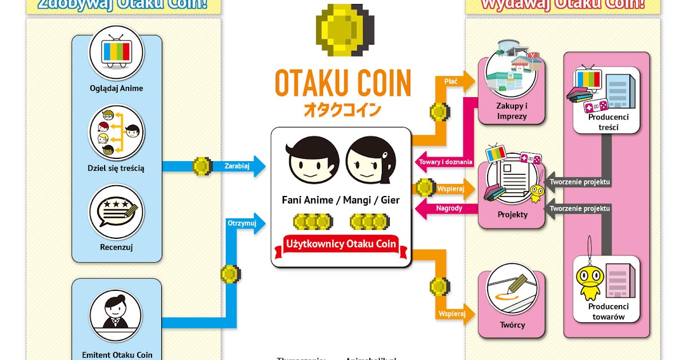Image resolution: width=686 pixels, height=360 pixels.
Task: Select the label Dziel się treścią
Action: click(116, 168)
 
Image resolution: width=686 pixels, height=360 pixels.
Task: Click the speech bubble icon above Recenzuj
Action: click(116, 213)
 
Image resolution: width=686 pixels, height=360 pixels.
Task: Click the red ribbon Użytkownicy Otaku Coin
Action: click(341, 244)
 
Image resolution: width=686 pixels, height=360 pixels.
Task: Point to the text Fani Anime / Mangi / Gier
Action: click(341, 200)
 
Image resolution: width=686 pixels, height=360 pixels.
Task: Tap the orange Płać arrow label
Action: click(451, 81)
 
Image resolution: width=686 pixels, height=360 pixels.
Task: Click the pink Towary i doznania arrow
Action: click(446, 162)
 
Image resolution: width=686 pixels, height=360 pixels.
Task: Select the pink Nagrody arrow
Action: click(448, 208)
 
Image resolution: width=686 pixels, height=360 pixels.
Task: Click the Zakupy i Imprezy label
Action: click(512, 111)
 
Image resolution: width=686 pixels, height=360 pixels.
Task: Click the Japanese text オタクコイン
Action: click(343, 109)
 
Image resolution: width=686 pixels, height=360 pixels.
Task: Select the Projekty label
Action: click(512, 215)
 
